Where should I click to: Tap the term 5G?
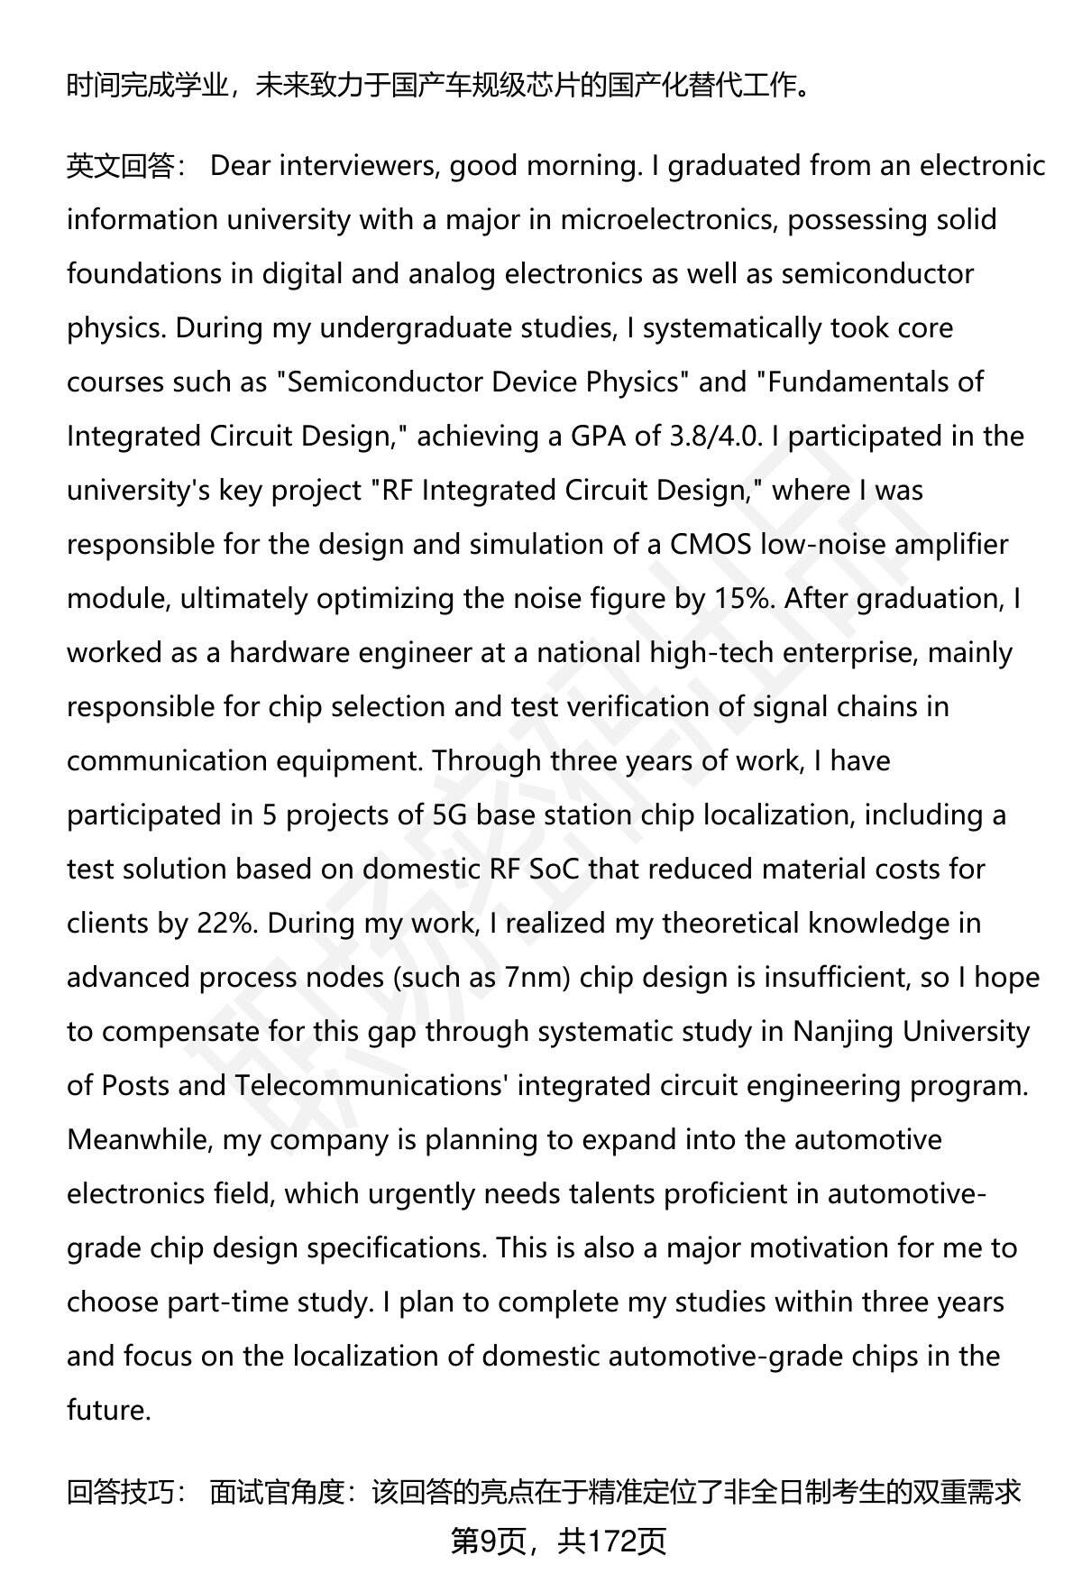449,815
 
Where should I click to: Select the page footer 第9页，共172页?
558,1542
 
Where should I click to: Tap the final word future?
108,1411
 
